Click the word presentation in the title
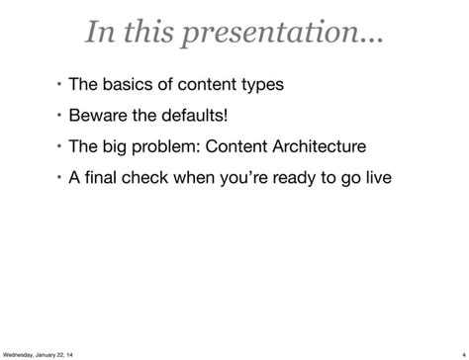point(297,35)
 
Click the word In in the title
point(100,33)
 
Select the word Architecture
point(314,147)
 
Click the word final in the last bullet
point(103,179)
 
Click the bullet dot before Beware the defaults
point(58,115)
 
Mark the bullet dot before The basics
point(58,83)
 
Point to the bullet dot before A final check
point(58,178)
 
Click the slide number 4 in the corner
point(463,353)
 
